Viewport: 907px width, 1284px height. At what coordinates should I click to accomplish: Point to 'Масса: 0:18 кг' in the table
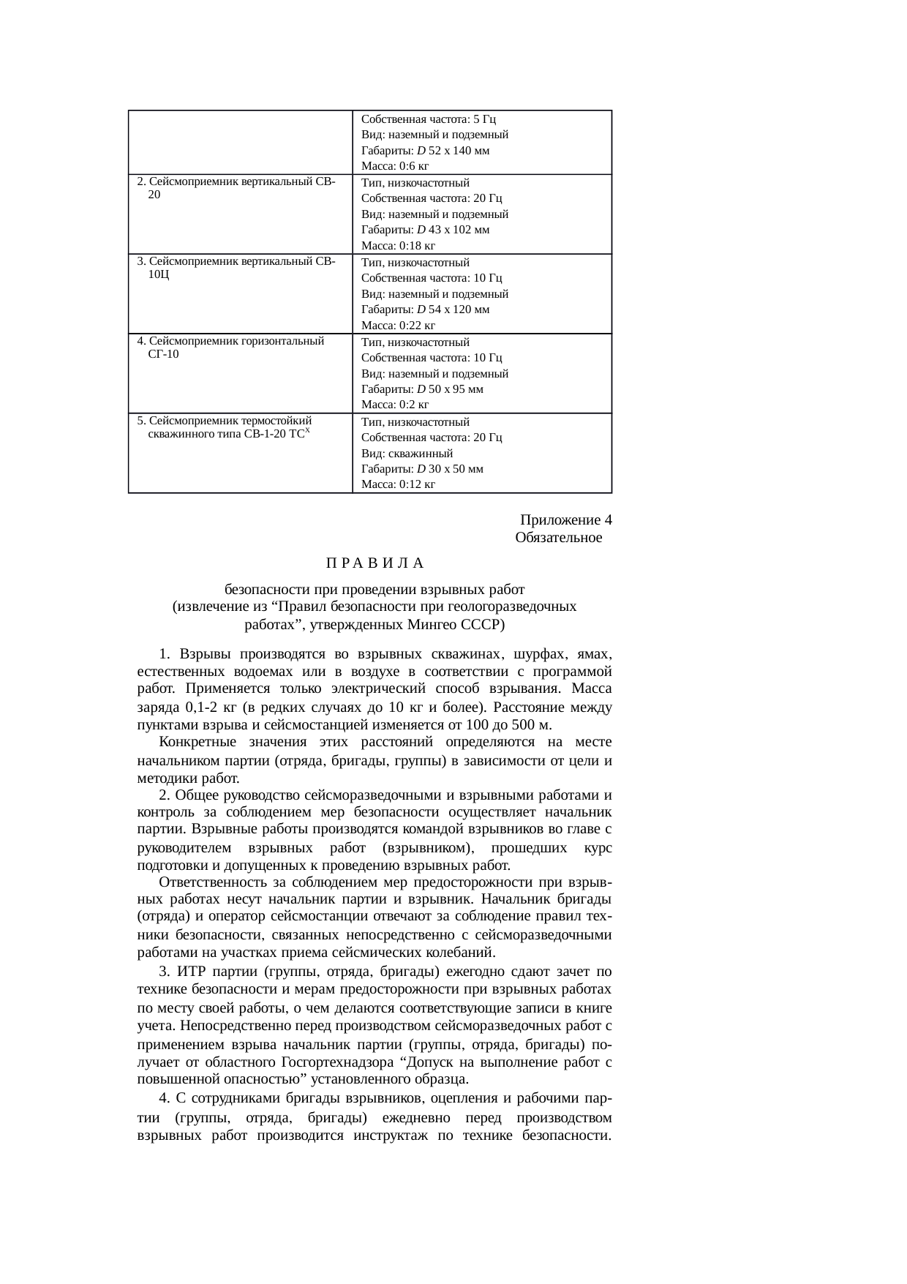point(398,245)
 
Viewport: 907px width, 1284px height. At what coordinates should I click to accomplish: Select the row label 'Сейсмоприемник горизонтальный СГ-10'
point(230,348)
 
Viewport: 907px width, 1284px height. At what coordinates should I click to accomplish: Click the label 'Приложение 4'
point(565,520)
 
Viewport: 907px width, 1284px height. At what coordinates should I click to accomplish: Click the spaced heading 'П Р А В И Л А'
point(375,563)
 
